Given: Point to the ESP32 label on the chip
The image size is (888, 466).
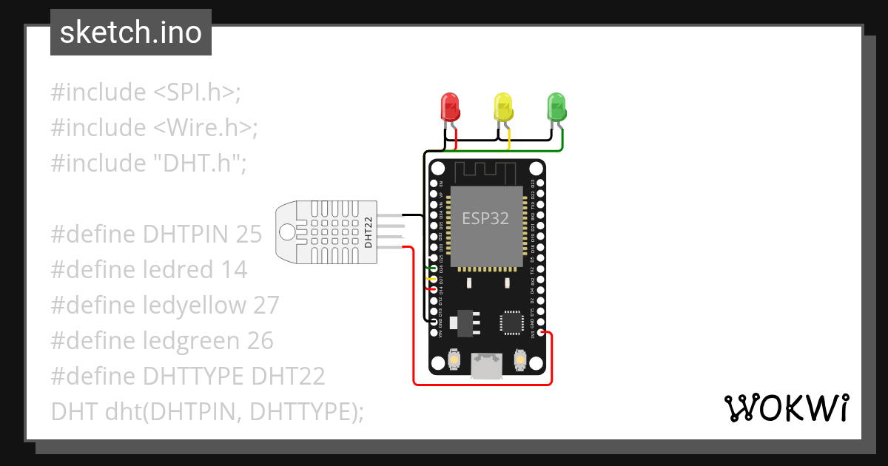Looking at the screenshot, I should point(485,219).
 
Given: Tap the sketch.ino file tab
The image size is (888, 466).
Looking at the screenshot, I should point(131,33).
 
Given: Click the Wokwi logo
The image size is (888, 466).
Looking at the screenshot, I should point(785,408).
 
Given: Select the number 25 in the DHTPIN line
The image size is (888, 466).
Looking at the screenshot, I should point(249,234).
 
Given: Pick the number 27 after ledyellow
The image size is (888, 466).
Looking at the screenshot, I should point(265,305).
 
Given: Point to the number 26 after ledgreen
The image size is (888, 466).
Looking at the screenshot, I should point(258,341).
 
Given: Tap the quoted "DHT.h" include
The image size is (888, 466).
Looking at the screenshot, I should point(195,163).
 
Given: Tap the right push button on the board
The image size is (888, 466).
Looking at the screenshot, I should point(519,360).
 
